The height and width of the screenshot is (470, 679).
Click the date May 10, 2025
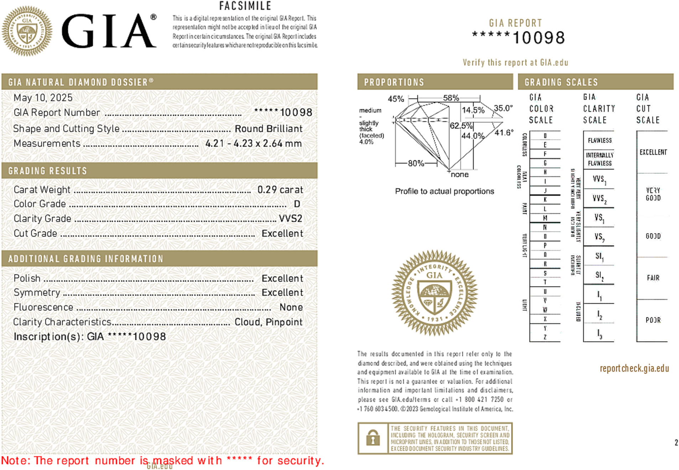tap(43, 98)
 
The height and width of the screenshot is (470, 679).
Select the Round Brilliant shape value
tap(268, 129)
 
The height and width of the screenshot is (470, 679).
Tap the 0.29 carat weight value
tap(280, 189)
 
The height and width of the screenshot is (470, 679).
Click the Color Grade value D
tap(297, 204)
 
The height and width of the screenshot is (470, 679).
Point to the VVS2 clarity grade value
tap(290, 218)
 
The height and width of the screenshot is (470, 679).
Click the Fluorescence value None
tap(291, 307)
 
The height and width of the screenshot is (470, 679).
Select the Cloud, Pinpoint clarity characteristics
tap(268, 322)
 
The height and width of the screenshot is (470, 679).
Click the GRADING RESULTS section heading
tap(47, 171)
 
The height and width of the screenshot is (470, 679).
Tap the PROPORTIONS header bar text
tap(394, 82)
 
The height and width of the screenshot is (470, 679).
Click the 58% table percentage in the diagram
tap(451, 98)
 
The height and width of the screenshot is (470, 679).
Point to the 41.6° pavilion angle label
tap(504, 132)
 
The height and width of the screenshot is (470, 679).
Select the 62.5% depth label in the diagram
tap(461, 126)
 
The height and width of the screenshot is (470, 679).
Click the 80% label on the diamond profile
tap(416, 163)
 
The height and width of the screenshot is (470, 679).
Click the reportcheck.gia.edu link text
tap(634, 368)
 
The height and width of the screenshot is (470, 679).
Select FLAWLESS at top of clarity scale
tap(600, 140)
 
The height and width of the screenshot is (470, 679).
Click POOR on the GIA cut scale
tap(653, 320)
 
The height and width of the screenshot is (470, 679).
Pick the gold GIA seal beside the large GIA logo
tap(27, 31)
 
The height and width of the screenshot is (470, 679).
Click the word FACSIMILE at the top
tap(245, 6)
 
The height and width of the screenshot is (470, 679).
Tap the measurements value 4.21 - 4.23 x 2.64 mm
tap(253, 143)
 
